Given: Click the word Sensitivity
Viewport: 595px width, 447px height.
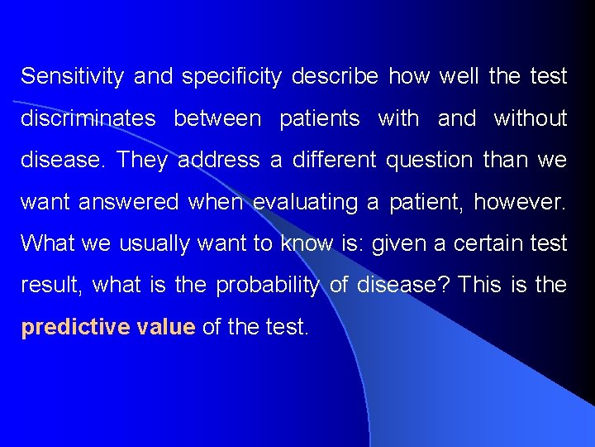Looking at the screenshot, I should click(72, 77).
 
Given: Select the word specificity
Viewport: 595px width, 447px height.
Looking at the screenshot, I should click(232, 77).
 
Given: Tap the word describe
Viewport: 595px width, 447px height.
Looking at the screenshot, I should click(335, 77).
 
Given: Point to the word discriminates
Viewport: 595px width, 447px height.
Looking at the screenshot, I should click(88, 118).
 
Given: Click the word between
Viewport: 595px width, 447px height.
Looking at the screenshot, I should click(217, 118).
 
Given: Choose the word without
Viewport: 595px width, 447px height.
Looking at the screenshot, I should click(530, 118).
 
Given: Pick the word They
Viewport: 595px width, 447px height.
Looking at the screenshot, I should click(142, 160).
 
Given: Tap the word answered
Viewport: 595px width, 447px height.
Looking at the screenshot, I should click(136, 202).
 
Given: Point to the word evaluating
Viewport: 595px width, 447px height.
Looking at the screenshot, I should click(293, 202).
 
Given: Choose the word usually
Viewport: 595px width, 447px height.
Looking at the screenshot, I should click(156, 243).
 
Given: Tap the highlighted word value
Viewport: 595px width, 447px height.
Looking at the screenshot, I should click(166, 327).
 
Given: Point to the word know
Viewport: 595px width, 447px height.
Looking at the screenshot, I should click(306, 243).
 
